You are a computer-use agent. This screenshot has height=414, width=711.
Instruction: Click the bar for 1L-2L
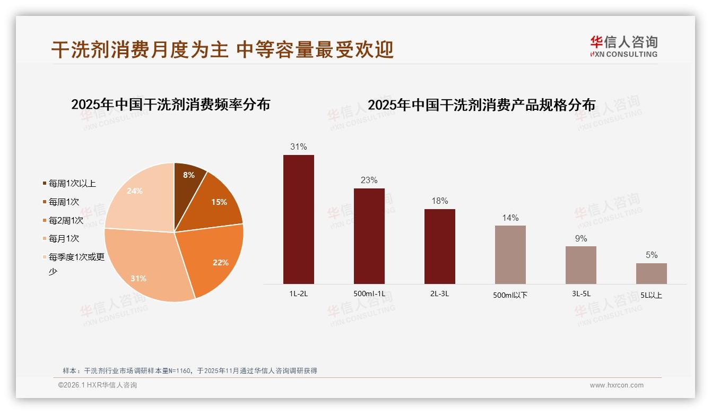298,219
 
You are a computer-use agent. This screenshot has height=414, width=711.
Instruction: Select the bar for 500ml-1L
369,236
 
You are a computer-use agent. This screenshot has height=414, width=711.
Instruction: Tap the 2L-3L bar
439,246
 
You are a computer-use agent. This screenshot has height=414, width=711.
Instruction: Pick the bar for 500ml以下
510,255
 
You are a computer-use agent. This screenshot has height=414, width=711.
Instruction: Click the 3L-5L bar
580,265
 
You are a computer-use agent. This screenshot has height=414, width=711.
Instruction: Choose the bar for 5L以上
651,273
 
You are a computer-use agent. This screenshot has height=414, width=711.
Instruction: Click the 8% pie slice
188,178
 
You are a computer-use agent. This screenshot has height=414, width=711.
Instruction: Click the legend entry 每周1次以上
72,184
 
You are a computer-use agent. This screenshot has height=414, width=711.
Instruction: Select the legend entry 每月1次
64,239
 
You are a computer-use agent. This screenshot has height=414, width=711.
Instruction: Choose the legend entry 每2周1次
66,220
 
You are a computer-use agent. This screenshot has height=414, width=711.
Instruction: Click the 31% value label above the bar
298,146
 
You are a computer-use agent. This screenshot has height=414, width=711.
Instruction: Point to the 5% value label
651,255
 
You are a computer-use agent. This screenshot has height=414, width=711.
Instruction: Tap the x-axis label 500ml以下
510,295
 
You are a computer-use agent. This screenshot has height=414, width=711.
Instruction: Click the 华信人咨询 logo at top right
623,46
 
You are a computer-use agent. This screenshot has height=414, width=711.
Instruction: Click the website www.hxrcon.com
617,385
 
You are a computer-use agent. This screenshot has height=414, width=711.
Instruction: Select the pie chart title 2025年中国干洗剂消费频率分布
170,105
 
